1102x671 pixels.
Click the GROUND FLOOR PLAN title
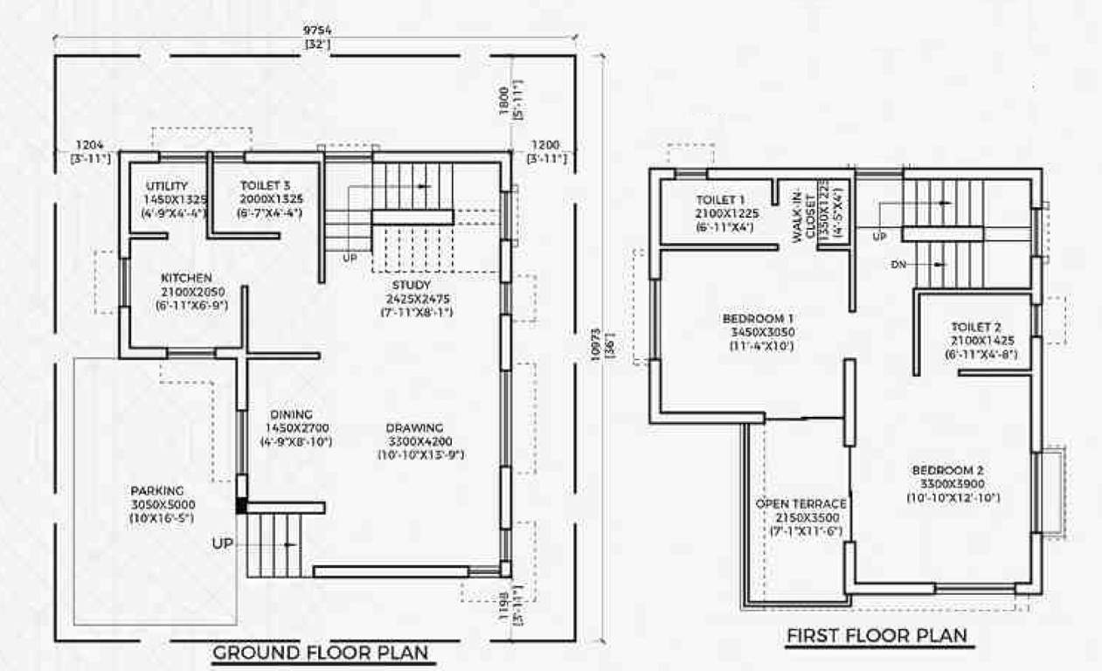pyautogui.click(x=321, y=653)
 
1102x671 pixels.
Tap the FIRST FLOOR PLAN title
pyautogui.click(x=877, y=635)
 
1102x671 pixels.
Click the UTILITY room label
pyautogui.click(x=167, y=185)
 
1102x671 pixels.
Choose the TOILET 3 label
pyautogui.click(x=266, y=185)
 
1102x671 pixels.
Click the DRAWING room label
pyautogui.click(x=414, y=428)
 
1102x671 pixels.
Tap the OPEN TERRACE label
pyautogui.click(x=801, y=504)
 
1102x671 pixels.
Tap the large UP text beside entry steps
pyautogui.click(x=223, y=543)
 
